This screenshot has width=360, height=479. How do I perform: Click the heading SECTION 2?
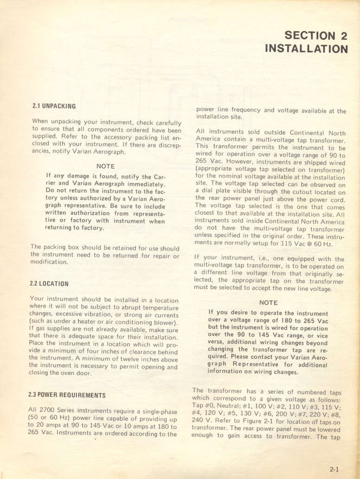click(315, 36)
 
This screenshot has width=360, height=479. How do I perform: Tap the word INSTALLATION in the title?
click(306, 49)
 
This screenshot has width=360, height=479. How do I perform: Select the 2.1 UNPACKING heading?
click(54, 106)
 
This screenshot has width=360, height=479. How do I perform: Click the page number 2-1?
click(335, 469)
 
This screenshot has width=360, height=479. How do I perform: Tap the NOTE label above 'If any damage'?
click(105, 166)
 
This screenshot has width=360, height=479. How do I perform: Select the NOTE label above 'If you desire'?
click(269, 303)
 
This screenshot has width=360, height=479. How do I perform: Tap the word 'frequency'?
click(246, 111)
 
